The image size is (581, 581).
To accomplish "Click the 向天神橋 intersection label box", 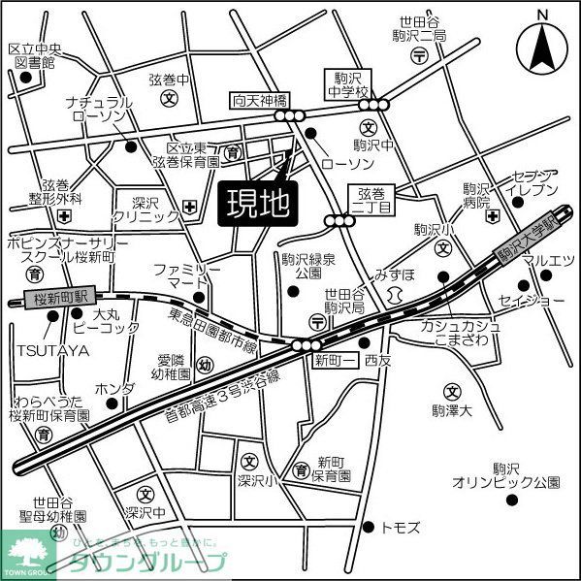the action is pyautogui.click(x=260, y=100).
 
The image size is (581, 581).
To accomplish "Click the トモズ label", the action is pyautogui.click(x=401, y=527).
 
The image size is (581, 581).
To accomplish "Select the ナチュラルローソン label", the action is pyautogui.click(x=98, y=109).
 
